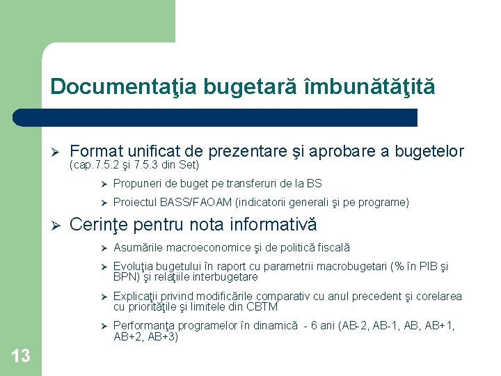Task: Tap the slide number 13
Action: point(21,357)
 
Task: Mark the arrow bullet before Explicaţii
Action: point(102,297)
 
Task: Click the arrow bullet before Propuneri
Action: point(102,184)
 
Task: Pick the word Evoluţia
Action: point(134,267)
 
